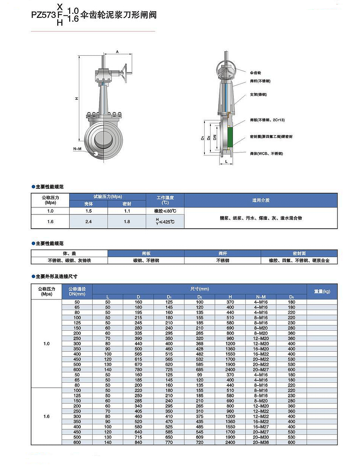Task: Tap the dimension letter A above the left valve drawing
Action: click(x=117, y=52)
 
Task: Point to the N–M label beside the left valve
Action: click(x=77, y=149)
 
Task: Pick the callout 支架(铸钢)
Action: click(x=258, y=95)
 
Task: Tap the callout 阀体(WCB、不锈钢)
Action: click(x=266, y=154)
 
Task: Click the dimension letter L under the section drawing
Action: click(x=226, y=161)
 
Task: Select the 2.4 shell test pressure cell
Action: click(x=89, y=222)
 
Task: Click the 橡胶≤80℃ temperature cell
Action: click(x=165, y=211)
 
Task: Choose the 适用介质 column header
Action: click(x=261, y=200)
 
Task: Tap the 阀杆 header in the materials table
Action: click(x=222, y=253)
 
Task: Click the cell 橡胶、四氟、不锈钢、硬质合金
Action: click(x=299, y=260)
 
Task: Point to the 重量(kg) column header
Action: click(x=322, y=291)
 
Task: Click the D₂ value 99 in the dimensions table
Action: click(x=200, y=375)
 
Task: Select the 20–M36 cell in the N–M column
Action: click(x=261, y=442)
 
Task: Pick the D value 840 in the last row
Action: click(x=138, y=442)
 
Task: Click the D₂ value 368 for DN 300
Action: click(x=200, y=344)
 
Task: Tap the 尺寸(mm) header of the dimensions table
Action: click(x=200, y=289)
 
